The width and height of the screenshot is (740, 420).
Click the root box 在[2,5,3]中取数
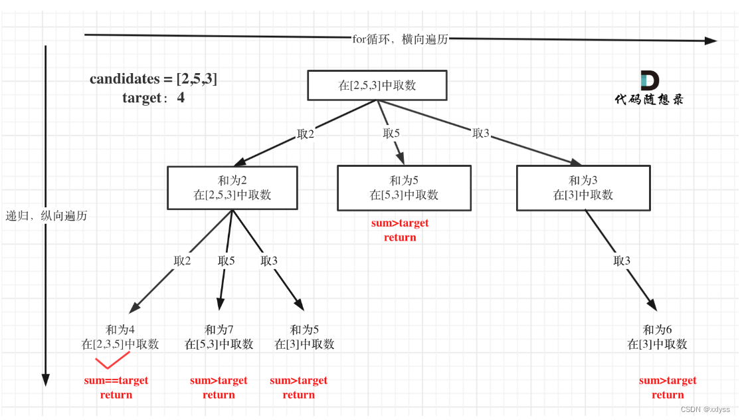(x=377, y=86)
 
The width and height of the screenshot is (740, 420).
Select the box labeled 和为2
(x=232, y=187)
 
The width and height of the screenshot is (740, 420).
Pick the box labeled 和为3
(x=583, y=188)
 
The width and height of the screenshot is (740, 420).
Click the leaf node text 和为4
(x=120, y=330)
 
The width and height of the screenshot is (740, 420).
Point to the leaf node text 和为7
(x=219, y=330)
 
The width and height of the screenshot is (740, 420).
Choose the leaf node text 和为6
(x=657, y=330)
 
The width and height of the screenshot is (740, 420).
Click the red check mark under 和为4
(x=112, y=360)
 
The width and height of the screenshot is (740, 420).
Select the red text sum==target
(x=116, y=380)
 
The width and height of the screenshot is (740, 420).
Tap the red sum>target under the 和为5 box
(x=400, y=223)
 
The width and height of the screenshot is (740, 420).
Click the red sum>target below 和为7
(x=219, y=380)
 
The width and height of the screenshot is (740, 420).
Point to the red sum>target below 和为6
(x=668, y=380)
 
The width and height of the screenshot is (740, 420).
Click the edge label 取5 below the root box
(x=391, y=133)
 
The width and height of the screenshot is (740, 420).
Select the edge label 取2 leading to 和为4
(x=182, y=261)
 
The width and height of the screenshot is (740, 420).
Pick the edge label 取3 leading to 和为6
(x=622, y=261)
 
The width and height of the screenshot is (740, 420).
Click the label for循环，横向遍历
(x=400, y=39)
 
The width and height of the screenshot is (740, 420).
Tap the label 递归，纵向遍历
(x=46, y=216)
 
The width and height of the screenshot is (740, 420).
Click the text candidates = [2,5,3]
(x=153, y=78)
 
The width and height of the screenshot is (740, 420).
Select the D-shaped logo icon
(x=650, y=80)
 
